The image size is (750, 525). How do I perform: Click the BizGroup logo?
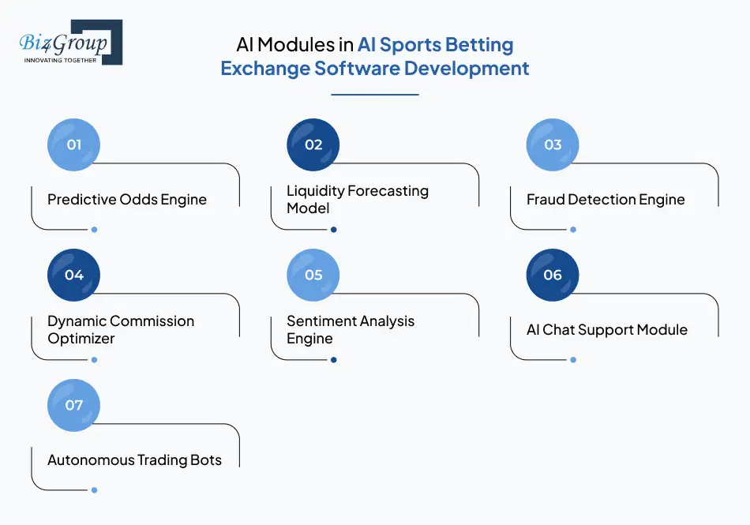(x=69, y=41)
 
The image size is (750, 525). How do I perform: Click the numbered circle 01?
(x=74, y=144)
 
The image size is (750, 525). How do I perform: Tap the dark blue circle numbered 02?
(x=313, y=144)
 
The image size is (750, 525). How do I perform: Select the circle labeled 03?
(x=553, y=144)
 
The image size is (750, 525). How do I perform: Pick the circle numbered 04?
(x=74, y=275)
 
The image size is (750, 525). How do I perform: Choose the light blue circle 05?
(x=313, y=275)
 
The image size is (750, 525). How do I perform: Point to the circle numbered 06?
(x=553, y=275)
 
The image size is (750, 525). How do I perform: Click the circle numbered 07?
(x=74, y=405)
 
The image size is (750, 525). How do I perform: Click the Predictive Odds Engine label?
(x=127, y=200)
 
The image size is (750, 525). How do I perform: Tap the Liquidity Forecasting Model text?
(x=357, y=200)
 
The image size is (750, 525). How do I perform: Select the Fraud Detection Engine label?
(x=606, y=200)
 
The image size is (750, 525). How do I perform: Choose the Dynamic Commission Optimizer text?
(x=120, y=330)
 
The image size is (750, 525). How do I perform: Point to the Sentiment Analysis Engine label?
(x=350, y=330)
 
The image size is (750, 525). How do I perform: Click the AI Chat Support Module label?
(x=606, y=330)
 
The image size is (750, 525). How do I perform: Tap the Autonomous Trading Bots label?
(x=134, y=460)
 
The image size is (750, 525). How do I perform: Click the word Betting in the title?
(x=478, y=45)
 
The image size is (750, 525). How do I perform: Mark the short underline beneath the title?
(x=374, y=95)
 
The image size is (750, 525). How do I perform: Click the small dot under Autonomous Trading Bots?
(x=94, y=490)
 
